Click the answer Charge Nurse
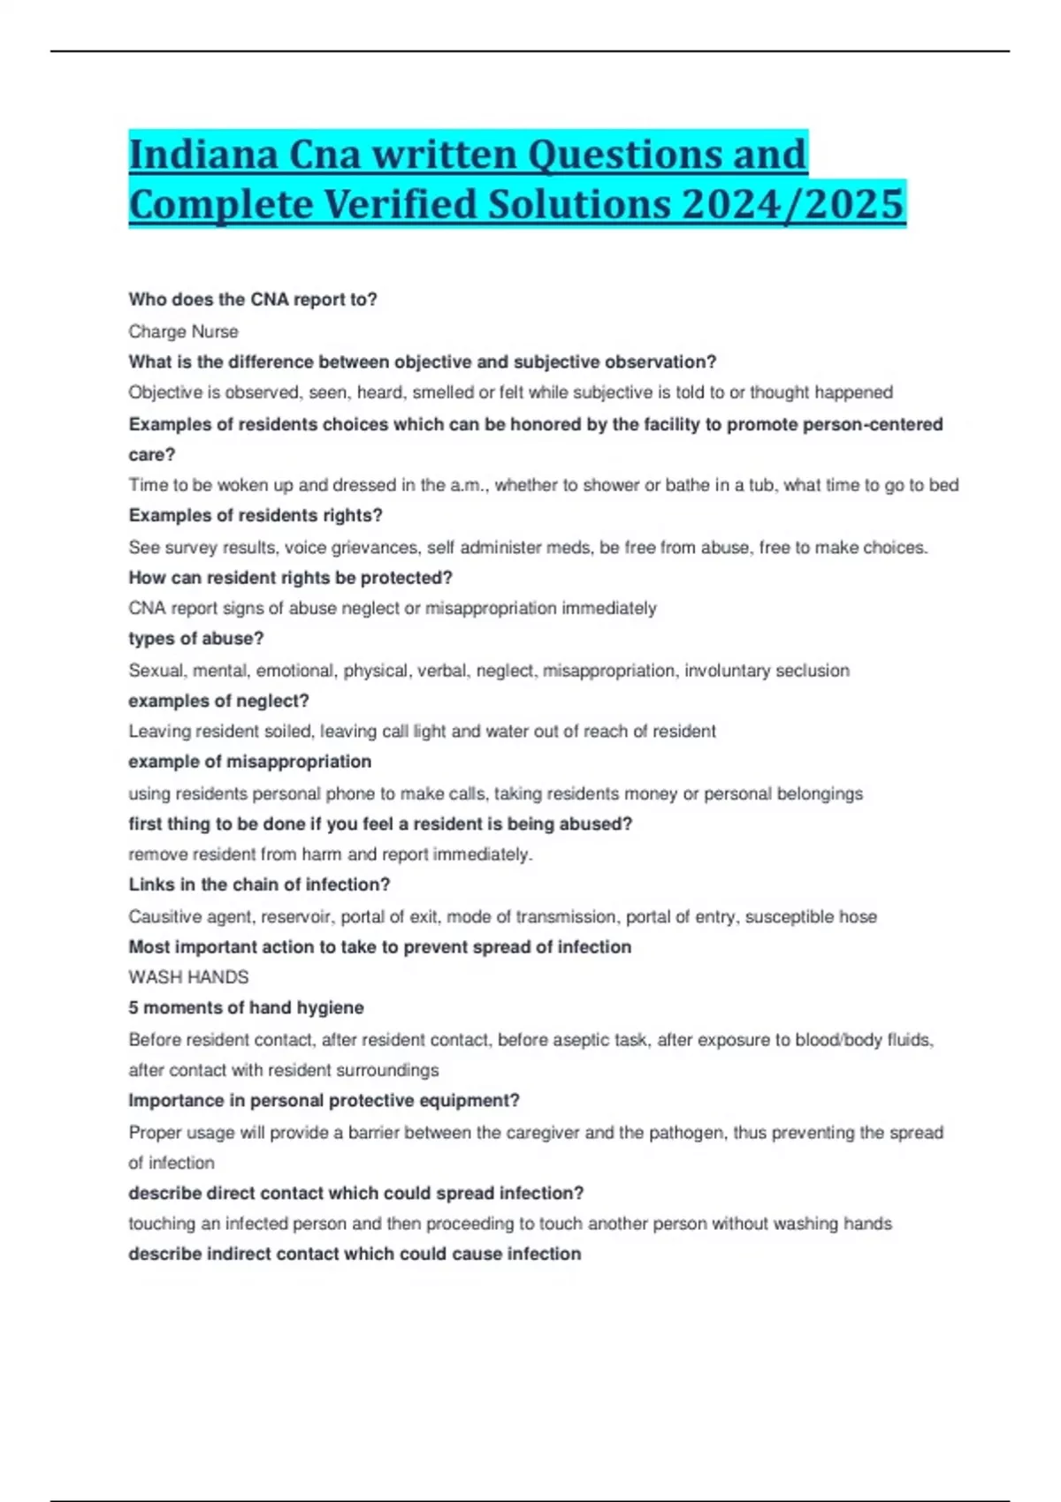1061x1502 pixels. tap(183, 331)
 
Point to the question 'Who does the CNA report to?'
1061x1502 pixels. tap(253, 300)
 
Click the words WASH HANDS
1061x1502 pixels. tap(188, 977)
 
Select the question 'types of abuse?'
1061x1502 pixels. tap(195, 639)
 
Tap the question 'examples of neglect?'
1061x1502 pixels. tap(218, 701)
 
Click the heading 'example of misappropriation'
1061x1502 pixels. tap(249, 762)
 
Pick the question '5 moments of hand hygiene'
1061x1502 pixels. tap(246, 1008)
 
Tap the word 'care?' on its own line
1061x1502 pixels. tap(151, 455)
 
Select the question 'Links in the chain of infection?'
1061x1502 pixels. tap(259, 884)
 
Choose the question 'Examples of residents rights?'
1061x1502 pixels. tap(256, 516)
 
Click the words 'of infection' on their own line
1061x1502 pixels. tap(172, 1164)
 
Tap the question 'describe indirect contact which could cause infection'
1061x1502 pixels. tap(355, 1255)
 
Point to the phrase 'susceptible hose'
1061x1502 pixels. tap(811, 917)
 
